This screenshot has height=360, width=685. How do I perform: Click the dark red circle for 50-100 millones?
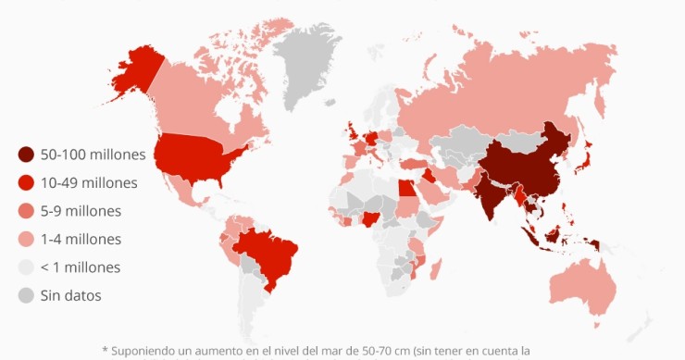[26, 154]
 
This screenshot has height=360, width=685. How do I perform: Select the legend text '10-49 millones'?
[89, 182]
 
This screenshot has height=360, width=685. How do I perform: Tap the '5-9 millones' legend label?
[81, 211]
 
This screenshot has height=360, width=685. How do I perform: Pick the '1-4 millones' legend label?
[81, 239]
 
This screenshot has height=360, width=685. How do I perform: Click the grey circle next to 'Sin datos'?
[26, 296]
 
